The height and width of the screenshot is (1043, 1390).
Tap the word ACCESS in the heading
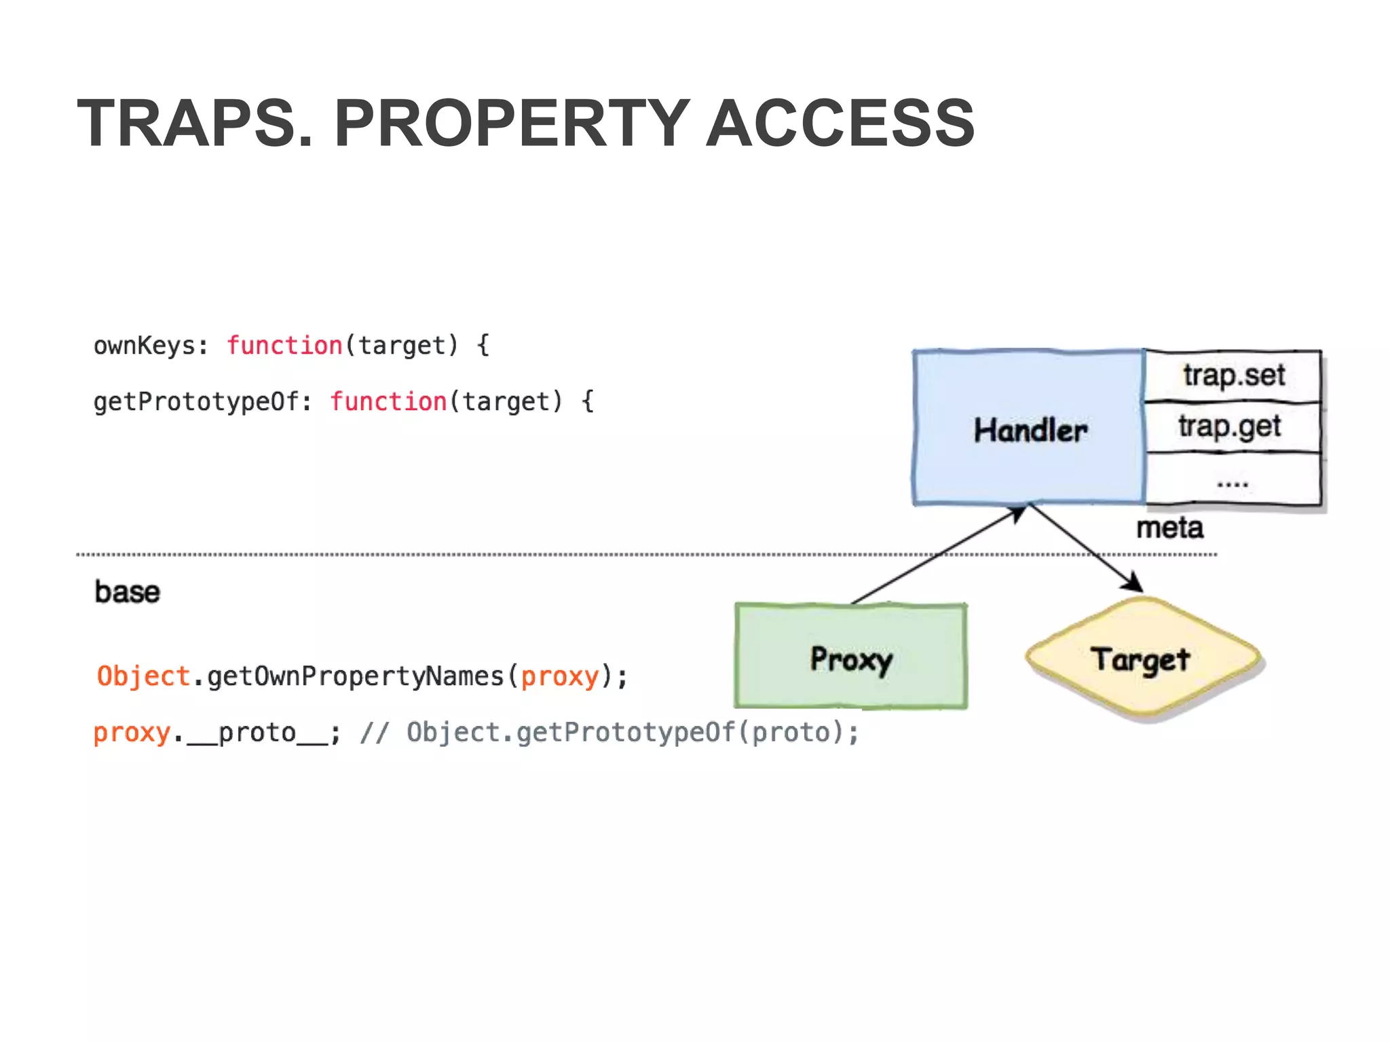(x=840, y=124)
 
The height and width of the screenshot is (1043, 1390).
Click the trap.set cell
(x=1233, y=376)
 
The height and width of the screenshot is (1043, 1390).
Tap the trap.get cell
(x=1230, y=427)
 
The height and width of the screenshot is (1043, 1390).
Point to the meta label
(x=1169, y=528)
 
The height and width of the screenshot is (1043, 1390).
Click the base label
(x=128, y=592)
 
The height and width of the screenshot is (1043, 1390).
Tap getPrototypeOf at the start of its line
(x=195, y=401)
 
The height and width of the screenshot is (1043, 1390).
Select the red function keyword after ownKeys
(x=284, y=346)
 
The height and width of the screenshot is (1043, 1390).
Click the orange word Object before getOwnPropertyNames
(x=143, y=676)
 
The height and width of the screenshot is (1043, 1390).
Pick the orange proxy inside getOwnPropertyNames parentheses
(x=560, y=676)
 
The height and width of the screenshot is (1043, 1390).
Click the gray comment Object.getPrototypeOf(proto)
(x=632, y=733)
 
